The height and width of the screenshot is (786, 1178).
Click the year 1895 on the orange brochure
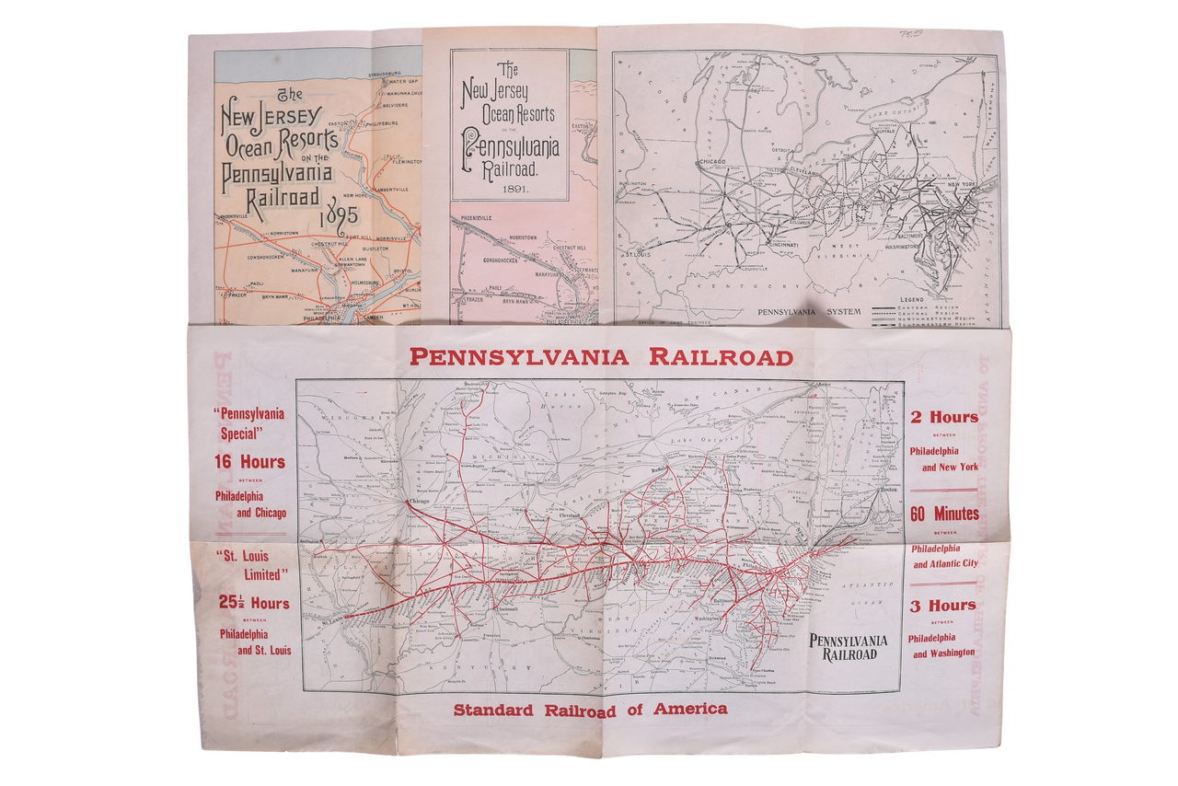pos(339,222)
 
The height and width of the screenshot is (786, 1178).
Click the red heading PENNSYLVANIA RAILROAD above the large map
pos(601,357)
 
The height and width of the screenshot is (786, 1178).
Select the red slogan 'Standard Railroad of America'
pos(590,709)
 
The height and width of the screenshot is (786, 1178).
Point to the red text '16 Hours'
pos(250,462)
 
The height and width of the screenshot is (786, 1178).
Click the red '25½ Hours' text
pos(253,604)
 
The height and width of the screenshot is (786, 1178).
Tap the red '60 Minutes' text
pos(944,514)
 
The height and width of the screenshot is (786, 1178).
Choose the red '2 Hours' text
pos(944,417)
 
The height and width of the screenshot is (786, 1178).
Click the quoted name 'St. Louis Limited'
pos(253,565)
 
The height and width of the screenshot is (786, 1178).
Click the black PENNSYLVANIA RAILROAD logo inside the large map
pos(848,647)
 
